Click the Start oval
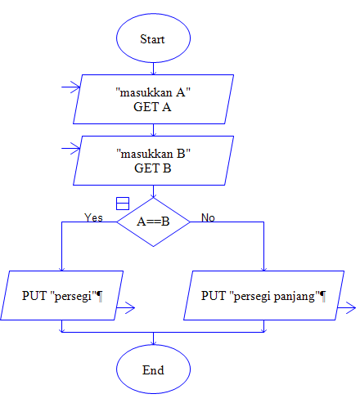pos(153,38)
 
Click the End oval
pos(153,370)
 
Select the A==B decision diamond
pos(153,221)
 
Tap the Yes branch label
pos(94,217)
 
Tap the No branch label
pos(208,217)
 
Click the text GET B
pos(153,169)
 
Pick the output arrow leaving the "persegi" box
pos(127,308)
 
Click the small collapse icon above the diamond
pos(122,203)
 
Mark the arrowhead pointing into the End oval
pos(153,342)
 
